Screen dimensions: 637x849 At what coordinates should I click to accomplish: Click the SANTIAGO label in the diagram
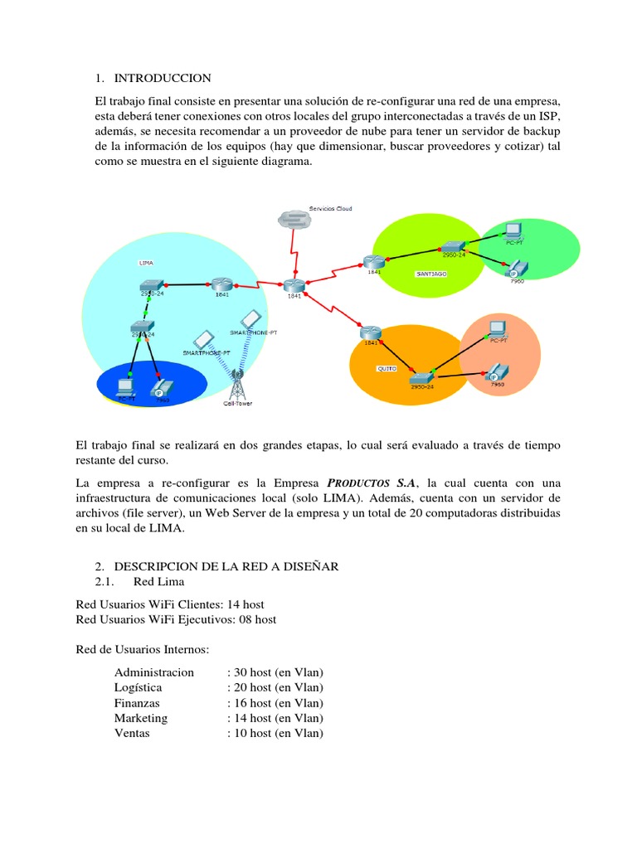[x=430, y=272]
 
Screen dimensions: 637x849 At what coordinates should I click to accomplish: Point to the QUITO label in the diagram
[x=387, y=367]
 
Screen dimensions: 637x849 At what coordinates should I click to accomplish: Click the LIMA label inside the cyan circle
[x=145, y=262]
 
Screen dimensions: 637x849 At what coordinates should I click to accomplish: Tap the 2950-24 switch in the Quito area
[x=421, y=377]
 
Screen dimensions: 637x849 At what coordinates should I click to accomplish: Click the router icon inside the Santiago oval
[x=370, y=262]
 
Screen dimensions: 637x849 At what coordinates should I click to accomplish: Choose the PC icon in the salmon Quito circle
[x=497, y=328]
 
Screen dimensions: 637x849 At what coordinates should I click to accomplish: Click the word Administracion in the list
[x=154, y=672]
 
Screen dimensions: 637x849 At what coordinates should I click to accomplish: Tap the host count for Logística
[x=275, y=687]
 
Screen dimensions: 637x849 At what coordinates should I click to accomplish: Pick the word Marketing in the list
[x=141, y=718]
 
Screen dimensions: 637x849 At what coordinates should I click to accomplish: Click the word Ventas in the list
[x=132, y=734]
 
